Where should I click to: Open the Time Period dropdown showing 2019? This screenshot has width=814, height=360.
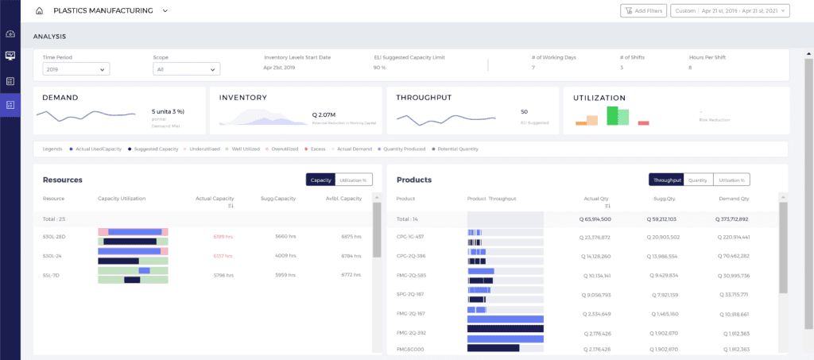pyautogui.click(x=76, y=69)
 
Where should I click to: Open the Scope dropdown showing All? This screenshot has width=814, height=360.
pyautogui.click(x=186, y=69)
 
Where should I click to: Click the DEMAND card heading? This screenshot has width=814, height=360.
pyautogui.click(x=60, y=98)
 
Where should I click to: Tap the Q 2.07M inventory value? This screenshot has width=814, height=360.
pyautogui.click(x=324, y=114)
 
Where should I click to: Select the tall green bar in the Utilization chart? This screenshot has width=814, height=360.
pyautogui.click(x=613, y=115)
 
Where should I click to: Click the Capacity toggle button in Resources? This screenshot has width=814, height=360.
pyautogui.click(x=320, y=180)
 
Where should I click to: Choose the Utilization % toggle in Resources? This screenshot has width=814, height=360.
pyautogui.click(x=354, y=180)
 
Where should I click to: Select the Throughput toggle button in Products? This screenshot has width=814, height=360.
pyautogui.click(x=665, y=180)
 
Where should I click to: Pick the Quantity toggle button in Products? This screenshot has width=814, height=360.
pyautogui.click(x=698, y=180)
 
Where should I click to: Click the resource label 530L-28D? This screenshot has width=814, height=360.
pyautogui.click(x=54, y=236)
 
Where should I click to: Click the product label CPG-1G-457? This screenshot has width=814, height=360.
pyautogui.click(x=410, y=237)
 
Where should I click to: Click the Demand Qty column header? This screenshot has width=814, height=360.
pyautogui.click(x=733, y=199)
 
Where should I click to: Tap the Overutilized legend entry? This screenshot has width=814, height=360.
pyautogui.click(x=284, y=149)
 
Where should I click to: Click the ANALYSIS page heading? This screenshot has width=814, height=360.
pyautogui.click(x=49, y=37)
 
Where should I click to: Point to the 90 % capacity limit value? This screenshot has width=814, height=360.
pyautogui.click(x=379, y=68)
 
